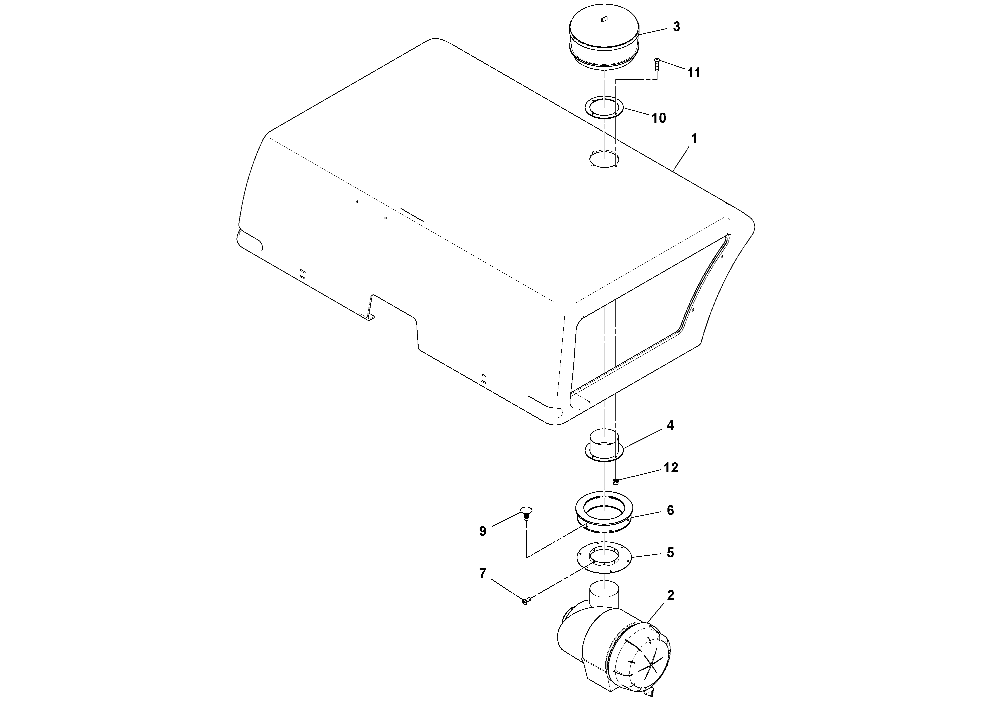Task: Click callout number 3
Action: [676, 27]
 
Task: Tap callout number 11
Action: [694, 73]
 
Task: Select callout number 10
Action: [659, 118]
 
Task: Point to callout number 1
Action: [694, 139]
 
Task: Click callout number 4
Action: [670, 425]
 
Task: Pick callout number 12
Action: [671, 468]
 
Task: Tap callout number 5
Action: [670, 553]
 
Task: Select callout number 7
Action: [483, 574]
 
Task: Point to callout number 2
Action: [670, 596]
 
